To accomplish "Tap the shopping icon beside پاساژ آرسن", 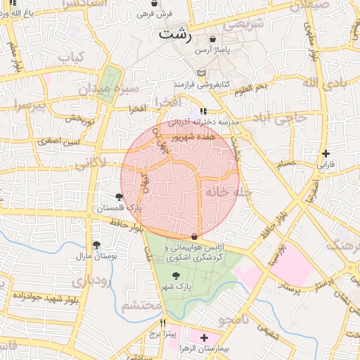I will tap(213, 39).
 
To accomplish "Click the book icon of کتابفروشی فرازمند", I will tap(202, 73).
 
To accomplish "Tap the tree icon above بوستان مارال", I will tap(96, 244).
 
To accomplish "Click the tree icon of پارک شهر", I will tap(175, 276).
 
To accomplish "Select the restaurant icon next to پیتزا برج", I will tap(163, 323).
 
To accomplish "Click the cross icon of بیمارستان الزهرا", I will tap(205, 338).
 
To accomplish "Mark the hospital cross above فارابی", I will tap(325, 153).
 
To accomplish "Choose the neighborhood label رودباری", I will tap(91, 281).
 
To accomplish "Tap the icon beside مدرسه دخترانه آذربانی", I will tap(202, 111).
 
